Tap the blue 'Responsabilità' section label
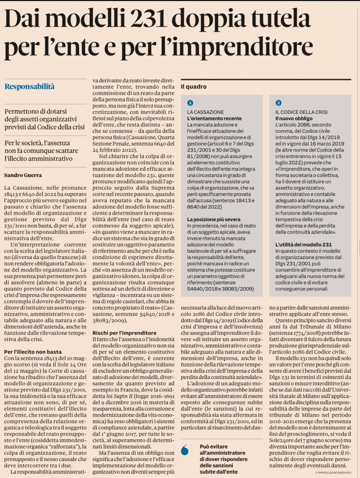pos(30,87)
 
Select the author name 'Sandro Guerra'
pos(23,175)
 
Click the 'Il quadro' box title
pos(193,87)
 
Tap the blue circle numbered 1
pos(190,103)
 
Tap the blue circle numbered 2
pos(278,103)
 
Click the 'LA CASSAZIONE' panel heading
pos(205,112)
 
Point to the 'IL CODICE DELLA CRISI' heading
pos(301,112)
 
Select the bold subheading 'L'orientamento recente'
pos(214,118)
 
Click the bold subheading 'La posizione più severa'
pos(214,219)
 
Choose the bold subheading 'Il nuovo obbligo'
pos(294,118)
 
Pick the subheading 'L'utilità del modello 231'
pos(303,244)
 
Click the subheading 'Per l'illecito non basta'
pos(33,352)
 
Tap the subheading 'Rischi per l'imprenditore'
pos(124,333)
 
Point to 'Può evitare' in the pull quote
pos(213,447)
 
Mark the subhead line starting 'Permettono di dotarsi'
pos(36,112)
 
